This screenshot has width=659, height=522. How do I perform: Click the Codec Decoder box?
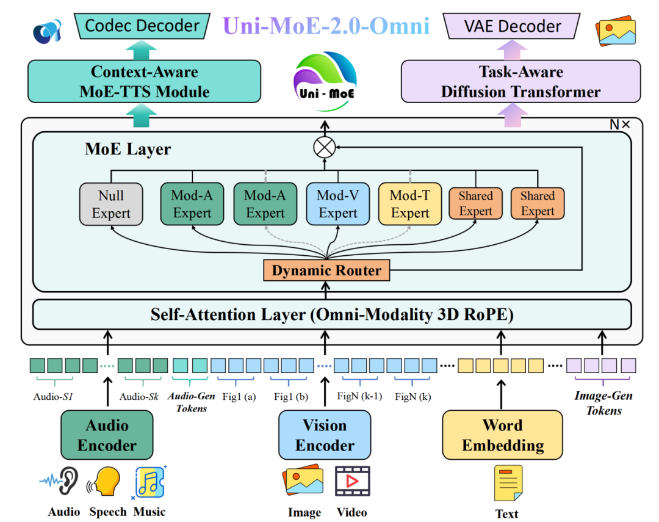click(x=142, y=26)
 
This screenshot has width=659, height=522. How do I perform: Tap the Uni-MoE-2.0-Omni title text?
click(x=326, y=26)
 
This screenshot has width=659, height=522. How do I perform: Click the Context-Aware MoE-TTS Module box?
click(x=145, y=81)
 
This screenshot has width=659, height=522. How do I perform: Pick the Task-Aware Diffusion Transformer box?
click(x=520, y=81)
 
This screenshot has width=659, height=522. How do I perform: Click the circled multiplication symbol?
click(x=324, y=147)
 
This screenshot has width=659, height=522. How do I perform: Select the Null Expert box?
click(x=111, y=204)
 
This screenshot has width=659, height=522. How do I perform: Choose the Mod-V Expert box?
click(x=337, y=204)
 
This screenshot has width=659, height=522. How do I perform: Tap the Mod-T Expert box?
click(x=410, y=204)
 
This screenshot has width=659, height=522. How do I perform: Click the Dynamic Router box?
click(x=326, y=270)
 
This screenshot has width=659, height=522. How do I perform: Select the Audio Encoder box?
click(x=107, y=435)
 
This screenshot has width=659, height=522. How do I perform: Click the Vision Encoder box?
click(x=325, y=435)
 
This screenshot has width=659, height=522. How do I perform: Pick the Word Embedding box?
click(x=502, y=435)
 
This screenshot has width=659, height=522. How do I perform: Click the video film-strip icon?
click(x=352, y=480)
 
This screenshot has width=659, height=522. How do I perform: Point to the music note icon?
click(x=149, y=482)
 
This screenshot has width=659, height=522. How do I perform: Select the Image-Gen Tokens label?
click(x=603, y=403)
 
